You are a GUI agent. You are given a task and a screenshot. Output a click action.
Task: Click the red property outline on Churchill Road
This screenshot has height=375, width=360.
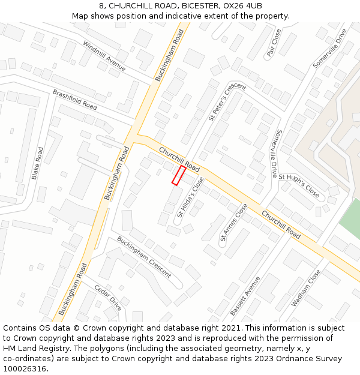[179, 175]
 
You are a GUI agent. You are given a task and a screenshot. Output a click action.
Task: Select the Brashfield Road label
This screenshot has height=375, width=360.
[75, 100]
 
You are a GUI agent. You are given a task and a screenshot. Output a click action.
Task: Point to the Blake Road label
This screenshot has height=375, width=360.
[37, 163]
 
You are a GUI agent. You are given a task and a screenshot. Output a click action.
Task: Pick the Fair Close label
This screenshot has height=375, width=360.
[274, 43]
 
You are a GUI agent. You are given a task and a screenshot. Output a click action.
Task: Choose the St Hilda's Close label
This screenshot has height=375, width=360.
[190, 197]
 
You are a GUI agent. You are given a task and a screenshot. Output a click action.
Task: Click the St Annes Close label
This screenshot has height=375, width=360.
[233, 222]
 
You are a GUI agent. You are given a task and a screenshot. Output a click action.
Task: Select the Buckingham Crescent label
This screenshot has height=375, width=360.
[143, 257]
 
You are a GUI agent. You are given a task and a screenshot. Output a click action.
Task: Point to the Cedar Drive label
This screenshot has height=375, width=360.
[108, 298]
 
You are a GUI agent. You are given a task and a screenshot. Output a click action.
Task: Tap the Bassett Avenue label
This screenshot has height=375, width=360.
[246, 296]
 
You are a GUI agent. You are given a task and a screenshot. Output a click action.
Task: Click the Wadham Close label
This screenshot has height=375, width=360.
[306, 288]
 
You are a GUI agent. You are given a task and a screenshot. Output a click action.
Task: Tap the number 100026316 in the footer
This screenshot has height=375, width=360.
[25, 368]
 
